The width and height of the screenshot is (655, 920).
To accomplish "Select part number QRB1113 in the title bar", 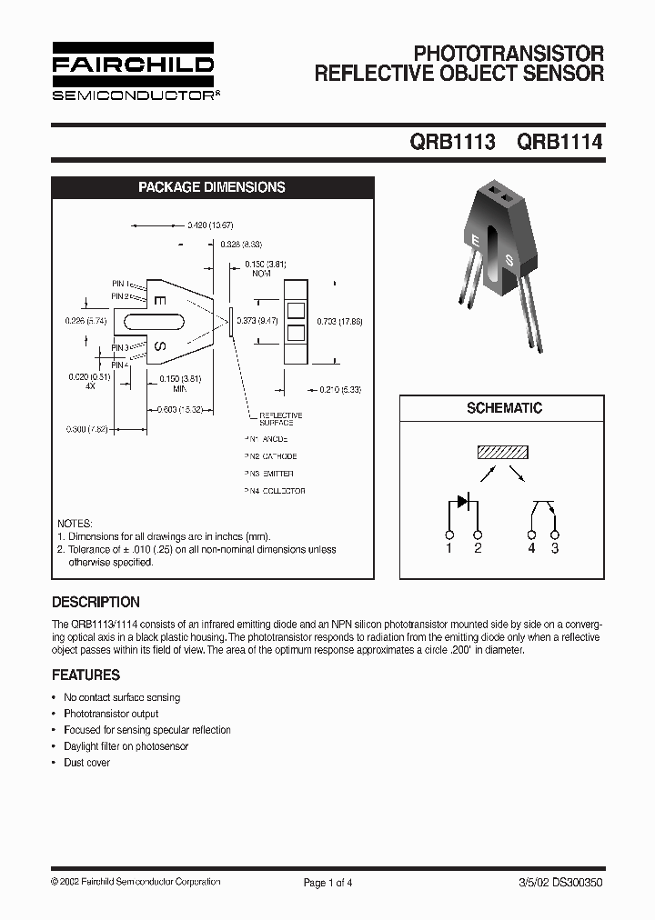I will [452, 142].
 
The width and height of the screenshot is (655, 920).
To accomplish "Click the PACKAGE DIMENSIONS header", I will [211, 187].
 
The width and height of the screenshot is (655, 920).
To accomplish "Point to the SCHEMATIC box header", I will [504, 409].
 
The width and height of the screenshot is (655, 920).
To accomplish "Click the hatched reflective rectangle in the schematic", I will [504, 453].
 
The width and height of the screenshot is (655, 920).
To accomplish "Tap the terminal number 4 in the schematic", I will [531, 547].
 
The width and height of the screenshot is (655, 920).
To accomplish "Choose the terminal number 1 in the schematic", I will [449, 547].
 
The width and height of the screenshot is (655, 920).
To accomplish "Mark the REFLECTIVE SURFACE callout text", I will [281, 419].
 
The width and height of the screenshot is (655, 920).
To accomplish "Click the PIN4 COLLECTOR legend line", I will [274, 491].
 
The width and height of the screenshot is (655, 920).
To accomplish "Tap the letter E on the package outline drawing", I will [158, 301].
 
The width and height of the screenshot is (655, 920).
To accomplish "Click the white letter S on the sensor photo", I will [509, 261].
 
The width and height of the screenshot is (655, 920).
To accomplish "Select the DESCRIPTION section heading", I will [96, 602].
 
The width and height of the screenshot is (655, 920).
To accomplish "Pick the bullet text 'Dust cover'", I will [86, 763].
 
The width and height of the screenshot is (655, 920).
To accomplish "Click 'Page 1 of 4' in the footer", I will [327, 882].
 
